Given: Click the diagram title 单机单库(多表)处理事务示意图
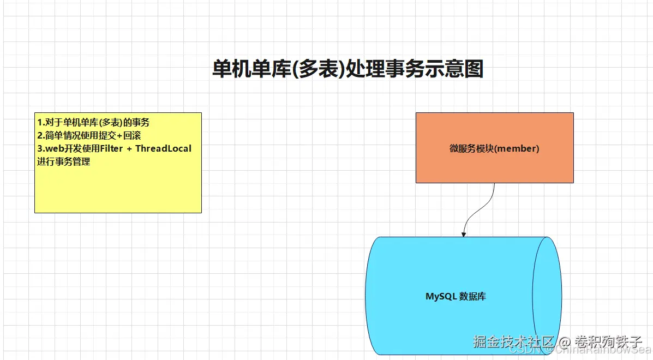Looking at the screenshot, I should [348, 69].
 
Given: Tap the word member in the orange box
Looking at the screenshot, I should [519, 148].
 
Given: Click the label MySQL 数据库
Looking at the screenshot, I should [456, 297].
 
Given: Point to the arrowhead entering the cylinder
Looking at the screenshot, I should [464, 234].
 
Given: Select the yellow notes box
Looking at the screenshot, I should [118, 185].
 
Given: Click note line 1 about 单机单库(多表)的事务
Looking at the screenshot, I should [93, 122].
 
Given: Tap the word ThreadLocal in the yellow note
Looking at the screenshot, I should [164, 148].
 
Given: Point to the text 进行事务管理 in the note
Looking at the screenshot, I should [63, 161].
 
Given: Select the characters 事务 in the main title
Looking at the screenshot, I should [400, 69].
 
